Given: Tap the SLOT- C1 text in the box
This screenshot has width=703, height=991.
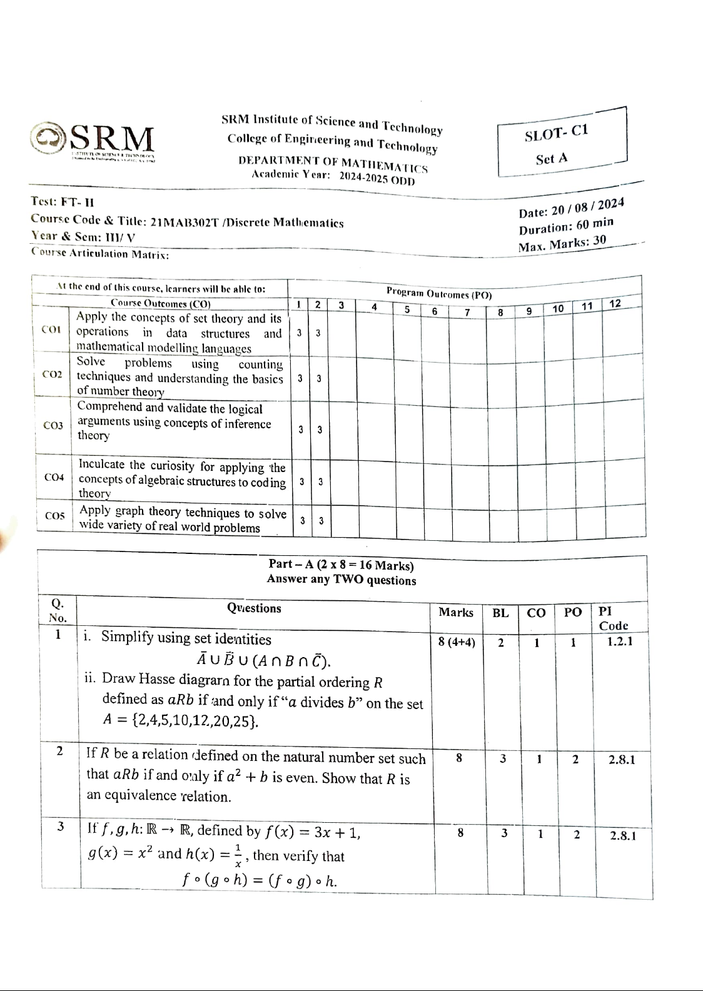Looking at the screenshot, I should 557,133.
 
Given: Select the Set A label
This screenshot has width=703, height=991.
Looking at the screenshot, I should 552,159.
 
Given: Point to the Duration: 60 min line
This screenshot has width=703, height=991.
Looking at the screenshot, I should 566,226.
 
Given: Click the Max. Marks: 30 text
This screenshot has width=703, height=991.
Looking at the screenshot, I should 562,244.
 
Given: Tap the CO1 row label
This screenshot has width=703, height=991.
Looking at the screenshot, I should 51,329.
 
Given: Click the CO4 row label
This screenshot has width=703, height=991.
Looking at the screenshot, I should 54,477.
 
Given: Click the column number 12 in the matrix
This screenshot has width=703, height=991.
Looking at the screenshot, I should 615,303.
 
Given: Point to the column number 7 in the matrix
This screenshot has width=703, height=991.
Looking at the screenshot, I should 467,311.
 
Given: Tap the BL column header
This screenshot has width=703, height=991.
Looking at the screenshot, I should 500,613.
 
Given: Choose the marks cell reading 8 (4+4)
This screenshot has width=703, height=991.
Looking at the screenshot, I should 457,642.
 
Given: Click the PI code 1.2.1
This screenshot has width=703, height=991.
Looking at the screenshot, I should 620,641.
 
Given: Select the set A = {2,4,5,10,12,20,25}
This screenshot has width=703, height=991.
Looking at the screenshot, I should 181,720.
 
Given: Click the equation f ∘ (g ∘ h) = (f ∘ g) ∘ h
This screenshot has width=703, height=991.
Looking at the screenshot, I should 260,880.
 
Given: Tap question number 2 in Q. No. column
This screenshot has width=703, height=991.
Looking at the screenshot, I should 59,751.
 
